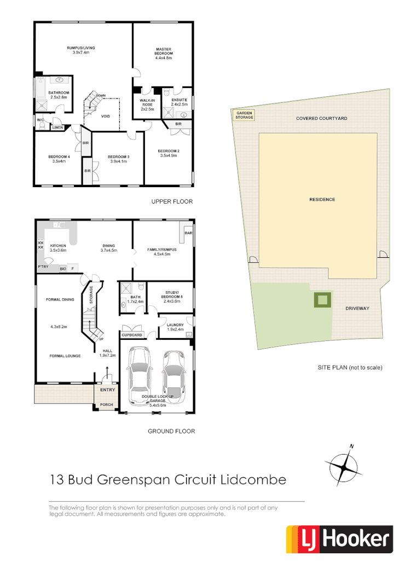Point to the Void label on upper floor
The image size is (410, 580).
pyautogui.click(x=106, y=116)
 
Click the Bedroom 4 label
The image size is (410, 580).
pyautogui.click(x=59, y=159)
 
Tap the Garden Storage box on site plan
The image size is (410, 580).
pyautogui.click(x=244, y=115)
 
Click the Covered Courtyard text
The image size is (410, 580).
pyautogui.click(x=321, y=118)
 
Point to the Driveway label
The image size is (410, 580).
pyautogui.click(x=357, y=309)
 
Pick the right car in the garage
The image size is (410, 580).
pyautogui.click(x=173, y=376)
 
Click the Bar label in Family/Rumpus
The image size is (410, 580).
pyautogui.click(x=188, y=234)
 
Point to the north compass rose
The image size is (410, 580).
pyautogui.click(x=343, y=466)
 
